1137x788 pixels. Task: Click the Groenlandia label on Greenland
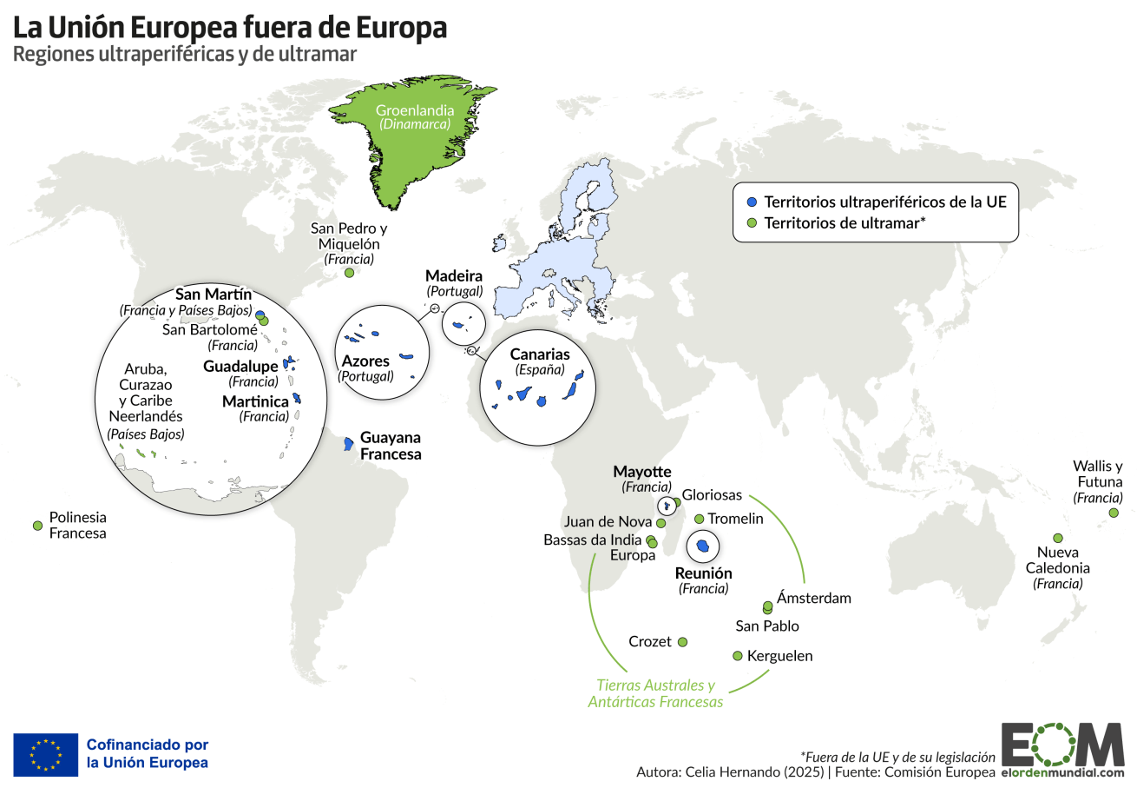tap(414, 110)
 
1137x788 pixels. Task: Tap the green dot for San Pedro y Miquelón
tap(349, 273)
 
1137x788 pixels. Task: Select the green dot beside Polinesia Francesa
tap(37, 526)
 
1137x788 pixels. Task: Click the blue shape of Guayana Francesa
tap(348, 443)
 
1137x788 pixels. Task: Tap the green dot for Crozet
tap(682, 642)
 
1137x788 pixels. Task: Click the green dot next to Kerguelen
tap(738, 656)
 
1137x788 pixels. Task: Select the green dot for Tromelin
tap(700, 519)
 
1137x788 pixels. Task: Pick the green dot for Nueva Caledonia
tap(1058, 538)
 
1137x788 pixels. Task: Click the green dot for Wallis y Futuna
tap(1114, 513)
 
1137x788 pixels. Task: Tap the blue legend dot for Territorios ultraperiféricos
tap(752, 202)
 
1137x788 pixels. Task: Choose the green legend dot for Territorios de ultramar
tap(752, 223)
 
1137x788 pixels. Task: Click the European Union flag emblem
tap(46, 754)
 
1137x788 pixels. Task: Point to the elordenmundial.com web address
tap(1062, 771)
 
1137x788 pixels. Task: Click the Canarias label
tap(540, 354)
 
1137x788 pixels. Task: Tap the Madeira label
tap(454, 276)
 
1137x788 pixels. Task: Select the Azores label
tap(365, 361)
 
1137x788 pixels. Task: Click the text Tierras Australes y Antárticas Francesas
tap(655, 693)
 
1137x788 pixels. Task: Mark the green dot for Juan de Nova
tap(661, 524)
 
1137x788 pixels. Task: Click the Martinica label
tap(255, 401)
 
